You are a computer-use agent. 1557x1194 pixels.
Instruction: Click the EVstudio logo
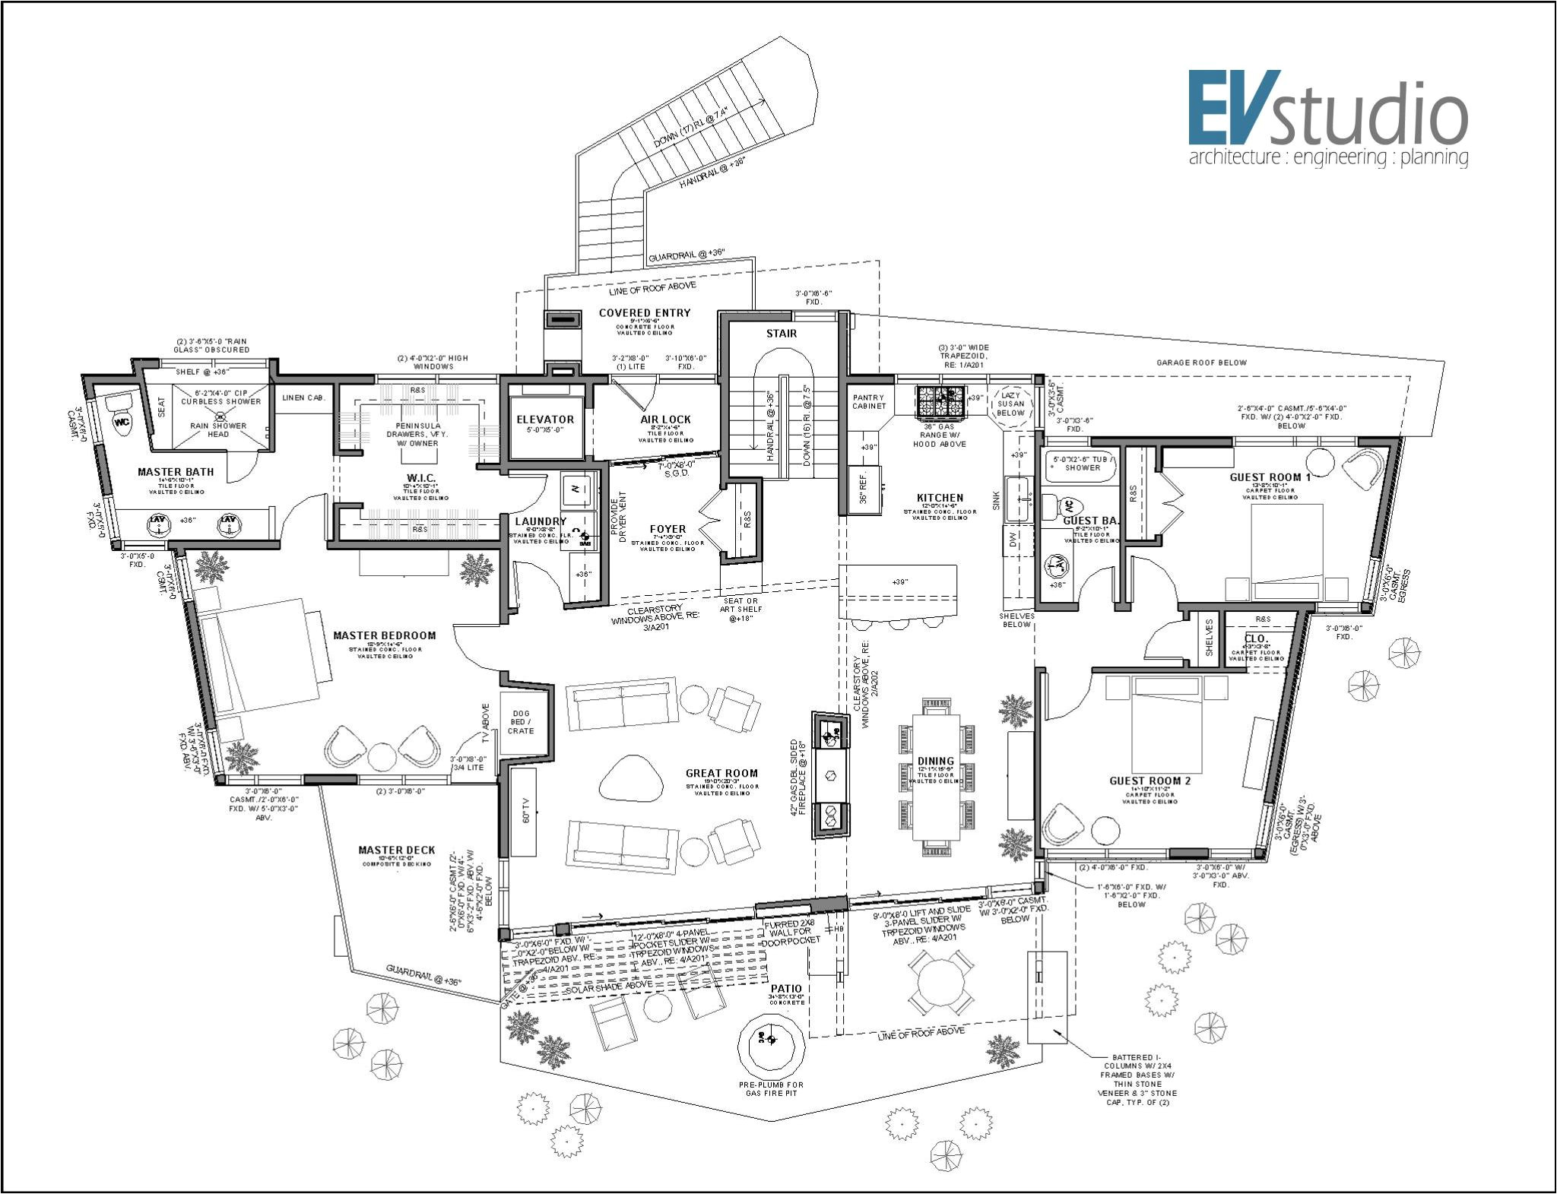pos(1327,118)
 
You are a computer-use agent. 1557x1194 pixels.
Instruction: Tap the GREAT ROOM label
pos(721,773)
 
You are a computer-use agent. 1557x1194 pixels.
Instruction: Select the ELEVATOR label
pos(545,420)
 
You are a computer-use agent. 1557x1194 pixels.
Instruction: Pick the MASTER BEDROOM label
pos(385,635)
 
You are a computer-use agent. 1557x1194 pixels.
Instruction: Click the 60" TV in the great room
pos(523,812)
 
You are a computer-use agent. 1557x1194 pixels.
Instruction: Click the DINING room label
pos(936,761)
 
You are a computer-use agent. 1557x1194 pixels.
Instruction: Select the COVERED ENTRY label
pos(645,312)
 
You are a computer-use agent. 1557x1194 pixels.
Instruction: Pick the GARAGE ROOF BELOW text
pos(1201,363)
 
